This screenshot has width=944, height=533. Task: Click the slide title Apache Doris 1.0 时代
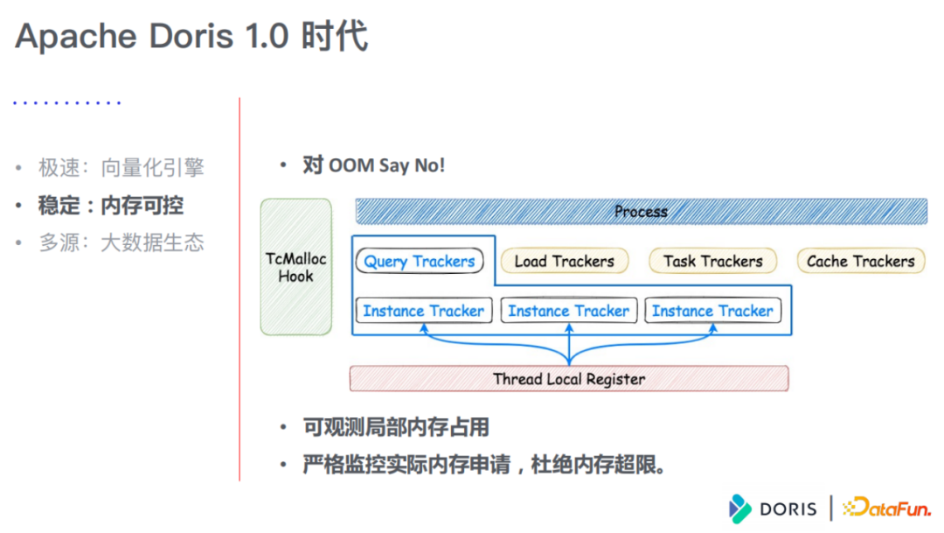[x=191, y=38]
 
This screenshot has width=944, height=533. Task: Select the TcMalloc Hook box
[x=296, y=267]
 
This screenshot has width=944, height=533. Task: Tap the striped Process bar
[x=641, y=212]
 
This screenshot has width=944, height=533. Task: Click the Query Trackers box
[x=419, y=261]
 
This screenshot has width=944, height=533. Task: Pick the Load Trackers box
[x=564, y=261]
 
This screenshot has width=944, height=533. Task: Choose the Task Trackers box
[x=712, y=261]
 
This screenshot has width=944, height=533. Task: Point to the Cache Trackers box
[x=860, y=261]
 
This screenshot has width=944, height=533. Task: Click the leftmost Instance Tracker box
[x=423, y=311]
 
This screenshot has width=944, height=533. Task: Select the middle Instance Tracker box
[x=568, y=311]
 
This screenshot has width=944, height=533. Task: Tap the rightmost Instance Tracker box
[x=712, y=311]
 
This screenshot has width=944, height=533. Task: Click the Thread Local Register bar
[x=569, y=379]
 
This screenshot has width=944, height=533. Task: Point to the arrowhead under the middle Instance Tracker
[x=569, y=330]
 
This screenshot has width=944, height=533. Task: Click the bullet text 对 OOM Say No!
[x=373, y=165]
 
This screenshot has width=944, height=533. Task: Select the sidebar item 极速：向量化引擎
[x=121, y=168]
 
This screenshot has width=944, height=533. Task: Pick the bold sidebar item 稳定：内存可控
[x=111, y=206]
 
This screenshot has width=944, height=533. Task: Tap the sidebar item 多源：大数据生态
[x=121, y=242]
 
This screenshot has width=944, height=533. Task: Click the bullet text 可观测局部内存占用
[x=395, y=427]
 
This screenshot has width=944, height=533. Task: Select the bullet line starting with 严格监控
[x=484, y=465]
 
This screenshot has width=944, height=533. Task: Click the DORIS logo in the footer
[x=773, y=508]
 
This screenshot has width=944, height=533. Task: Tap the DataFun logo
[x=885, y=508]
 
